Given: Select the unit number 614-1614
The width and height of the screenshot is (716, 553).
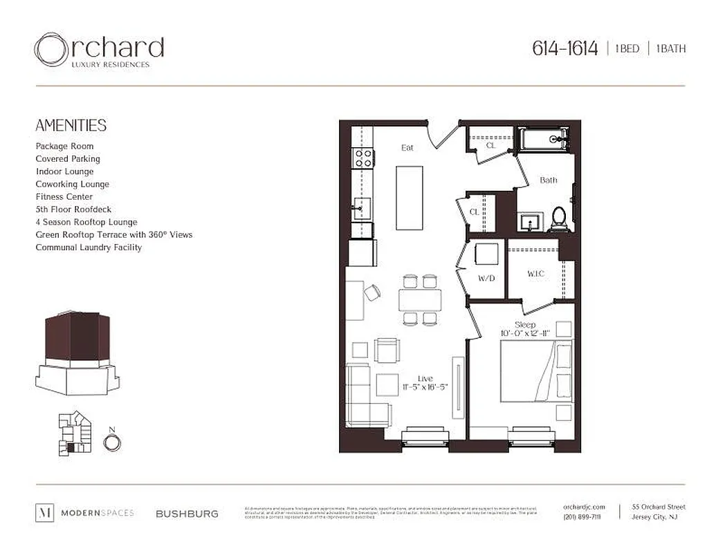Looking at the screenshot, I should coord(564,48).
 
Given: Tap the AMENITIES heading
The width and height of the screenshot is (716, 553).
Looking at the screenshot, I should coord(71,125).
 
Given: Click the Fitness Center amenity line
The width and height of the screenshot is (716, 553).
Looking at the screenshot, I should coord(64,197).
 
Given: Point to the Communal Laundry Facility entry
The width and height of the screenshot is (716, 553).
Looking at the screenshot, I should coord(89,247).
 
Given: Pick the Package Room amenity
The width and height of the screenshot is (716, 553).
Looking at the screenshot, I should coord(64,147).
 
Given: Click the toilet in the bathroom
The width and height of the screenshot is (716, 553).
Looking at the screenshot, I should coord(558,218).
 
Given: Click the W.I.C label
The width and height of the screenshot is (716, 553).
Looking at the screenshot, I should coord(535,274).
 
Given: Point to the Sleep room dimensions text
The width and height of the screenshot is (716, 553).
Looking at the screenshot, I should coord(525,334).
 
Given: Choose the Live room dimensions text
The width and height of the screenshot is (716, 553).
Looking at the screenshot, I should coord(425,387).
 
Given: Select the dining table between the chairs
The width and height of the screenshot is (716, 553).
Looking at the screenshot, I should coord(420,299).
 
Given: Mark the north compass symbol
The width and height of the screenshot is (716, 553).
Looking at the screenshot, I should coord(112,442).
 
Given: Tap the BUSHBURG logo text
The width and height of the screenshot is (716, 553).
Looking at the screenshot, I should coord(187,514).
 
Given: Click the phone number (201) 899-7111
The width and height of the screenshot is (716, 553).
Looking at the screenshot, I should coord(582,517).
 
